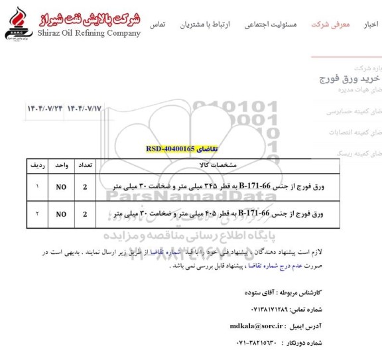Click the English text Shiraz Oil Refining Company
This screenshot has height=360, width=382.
(x=89, y=33)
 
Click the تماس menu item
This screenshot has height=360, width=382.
(x=158, y=25)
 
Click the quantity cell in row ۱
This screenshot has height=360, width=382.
(x=85, y=187)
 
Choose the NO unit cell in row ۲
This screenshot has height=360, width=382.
(x=61, y=214)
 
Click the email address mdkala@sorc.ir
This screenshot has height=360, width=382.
(x=256, y=326)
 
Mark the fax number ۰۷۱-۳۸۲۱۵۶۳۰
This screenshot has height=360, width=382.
(x=258, y=343)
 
